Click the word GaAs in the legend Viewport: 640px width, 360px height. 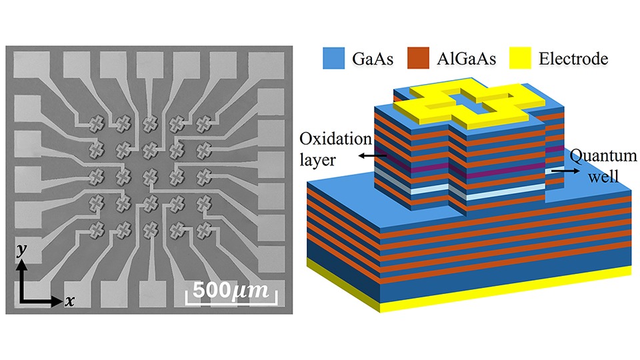[372, 60]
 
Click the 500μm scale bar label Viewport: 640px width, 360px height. [229, 291]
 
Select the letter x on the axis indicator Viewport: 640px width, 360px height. [69, 301]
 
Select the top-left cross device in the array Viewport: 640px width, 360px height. [97, 123]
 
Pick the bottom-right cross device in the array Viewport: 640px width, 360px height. [203, 229]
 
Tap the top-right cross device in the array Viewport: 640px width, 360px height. [203, 123]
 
